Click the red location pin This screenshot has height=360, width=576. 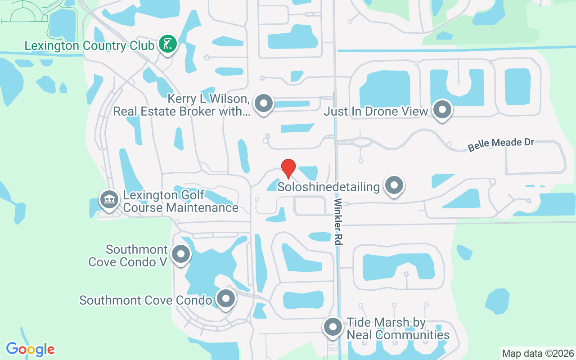pos(288,168)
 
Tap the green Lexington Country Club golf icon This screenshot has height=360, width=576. pos(167,44)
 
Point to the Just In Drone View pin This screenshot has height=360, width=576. pos(442,109)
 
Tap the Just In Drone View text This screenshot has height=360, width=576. pos(376,111)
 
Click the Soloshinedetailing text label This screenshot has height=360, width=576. pos(328,186)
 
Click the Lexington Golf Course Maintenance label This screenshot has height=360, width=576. pos(180,202)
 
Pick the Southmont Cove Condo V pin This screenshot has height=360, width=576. pos(181,254)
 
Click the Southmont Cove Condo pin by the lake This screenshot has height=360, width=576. pos(225,299)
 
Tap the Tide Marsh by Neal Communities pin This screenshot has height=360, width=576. pos(333,327)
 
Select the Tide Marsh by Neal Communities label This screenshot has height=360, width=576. pos(398,329)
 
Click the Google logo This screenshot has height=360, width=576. pos(31,349)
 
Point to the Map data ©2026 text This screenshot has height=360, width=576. pos(538,353)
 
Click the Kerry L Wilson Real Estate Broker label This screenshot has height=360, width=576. pos(182,105)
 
